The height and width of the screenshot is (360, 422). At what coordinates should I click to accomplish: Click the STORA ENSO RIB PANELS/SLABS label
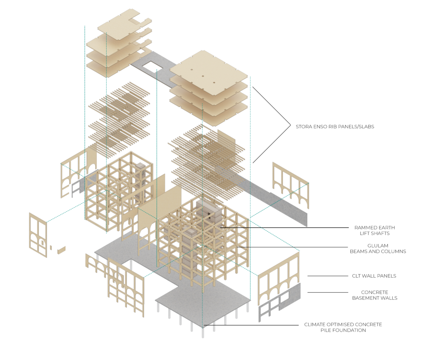coord(335,127)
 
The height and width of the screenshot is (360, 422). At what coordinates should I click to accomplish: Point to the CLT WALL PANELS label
coord(374,276)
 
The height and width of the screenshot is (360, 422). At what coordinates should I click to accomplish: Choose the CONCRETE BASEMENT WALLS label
coord(375,295)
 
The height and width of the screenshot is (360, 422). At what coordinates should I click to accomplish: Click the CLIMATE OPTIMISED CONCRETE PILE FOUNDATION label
coord(343,327)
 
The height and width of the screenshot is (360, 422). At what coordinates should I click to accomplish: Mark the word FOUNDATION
coord(348,330)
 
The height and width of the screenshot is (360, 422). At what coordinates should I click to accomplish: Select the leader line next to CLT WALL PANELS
coord(322,276)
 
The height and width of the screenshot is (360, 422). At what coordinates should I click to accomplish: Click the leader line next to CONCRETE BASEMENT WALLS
coord(322,292)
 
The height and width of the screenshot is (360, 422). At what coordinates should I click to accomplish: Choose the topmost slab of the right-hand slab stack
coord(209,68)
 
